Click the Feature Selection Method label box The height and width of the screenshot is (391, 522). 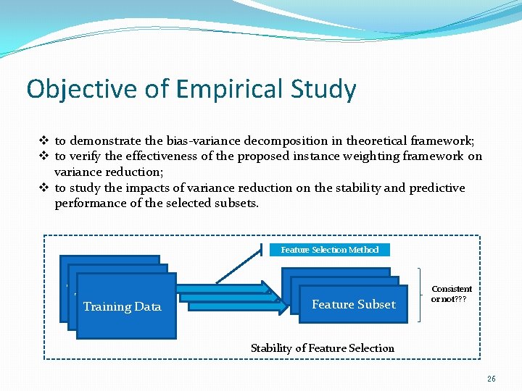click(x=329, y=250)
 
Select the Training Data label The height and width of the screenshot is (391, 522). click(x=122, y=307)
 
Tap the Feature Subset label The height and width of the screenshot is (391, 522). click(x=354, y=304)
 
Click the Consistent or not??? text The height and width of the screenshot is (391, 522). click(x=451, y=294)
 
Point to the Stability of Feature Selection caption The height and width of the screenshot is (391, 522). click(x=323, y=348)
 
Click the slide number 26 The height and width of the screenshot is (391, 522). click(x=492, y=379)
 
